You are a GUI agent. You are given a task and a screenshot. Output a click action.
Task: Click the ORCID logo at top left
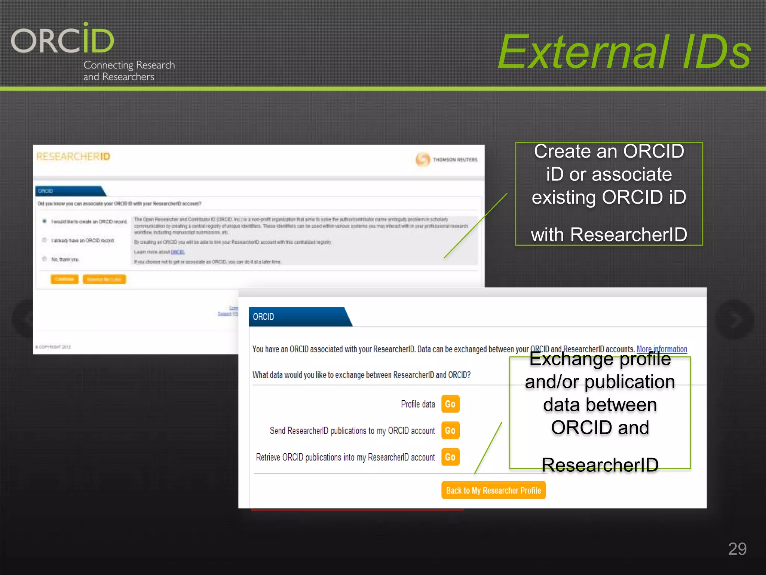62,39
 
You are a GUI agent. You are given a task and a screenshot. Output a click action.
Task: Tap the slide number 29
737,549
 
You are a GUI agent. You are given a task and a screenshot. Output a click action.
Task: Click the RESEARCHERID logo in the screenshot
73,156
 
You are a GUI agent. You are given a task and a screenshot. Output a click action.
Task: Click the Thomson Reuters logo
447,159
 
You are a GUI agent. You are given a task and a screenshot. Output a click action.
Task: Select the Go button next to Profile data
450,404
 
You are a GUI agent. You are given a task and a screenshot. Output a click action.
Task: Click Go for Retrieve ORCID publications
450,457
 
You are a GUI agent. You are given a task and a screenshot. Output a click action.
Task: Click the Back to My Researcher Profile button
493,490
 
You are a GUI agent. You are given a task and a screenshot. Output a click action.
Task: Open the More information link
661,349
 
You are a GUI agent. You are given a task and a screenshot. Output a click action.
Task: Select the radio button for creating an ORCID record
45,221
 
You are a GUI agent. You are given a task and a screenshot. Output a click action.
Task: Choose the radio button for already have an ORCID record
45,240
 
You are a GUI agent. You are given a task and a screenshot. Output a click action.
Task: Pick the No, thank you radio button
45,259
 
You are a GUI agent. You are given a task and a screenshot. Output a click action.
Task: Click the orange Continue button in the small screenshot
64,279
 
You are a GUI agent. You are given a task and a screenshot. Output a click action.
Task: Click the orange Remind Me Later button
104,279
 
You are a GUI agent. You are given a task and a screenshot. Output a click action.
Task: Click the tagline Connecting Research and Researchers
129,70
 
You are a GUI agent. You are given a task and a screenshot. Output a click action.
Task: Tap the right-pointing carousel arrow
734,319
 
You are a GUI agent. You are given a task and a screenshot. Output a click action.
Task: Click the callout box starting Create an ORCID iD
609,194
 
